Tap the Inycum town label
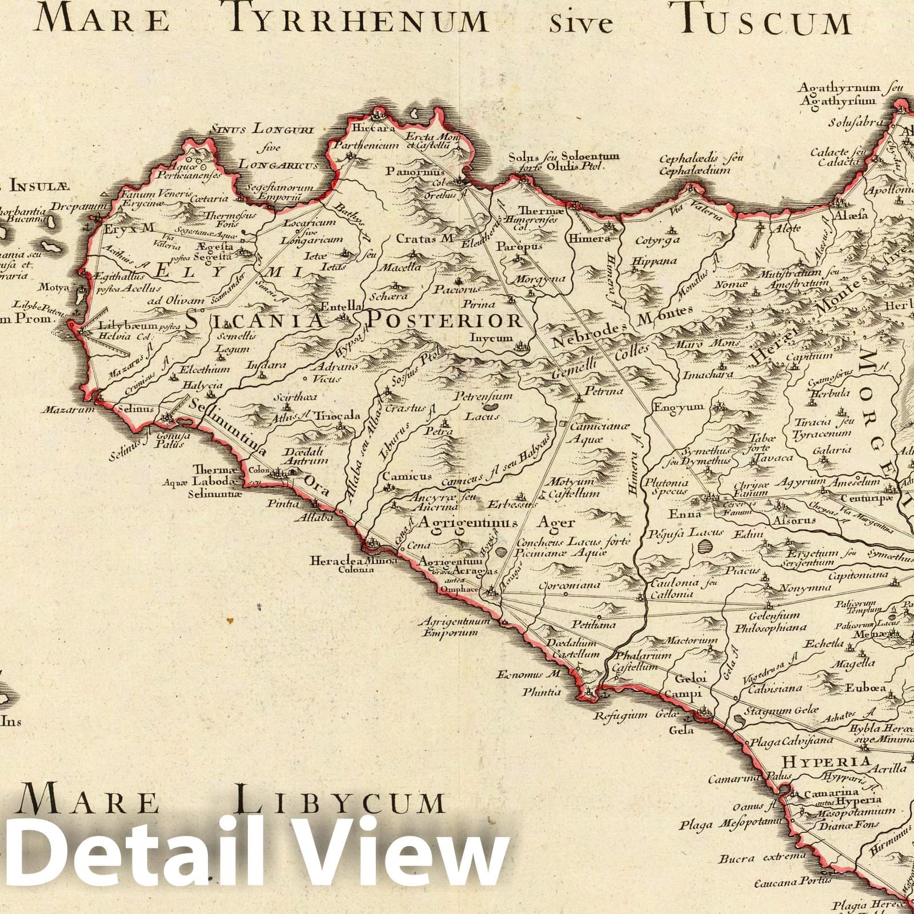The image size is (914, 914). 491,338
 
